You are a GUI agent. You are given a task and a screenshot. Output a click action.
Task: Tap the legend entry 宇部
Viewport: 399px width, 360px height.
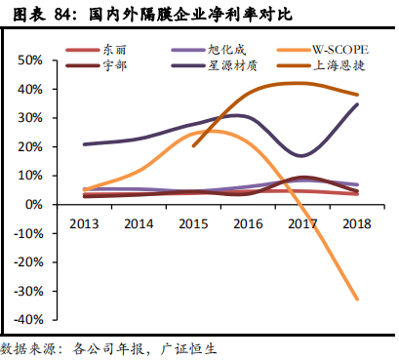pyautogui.click(x=114, y=65)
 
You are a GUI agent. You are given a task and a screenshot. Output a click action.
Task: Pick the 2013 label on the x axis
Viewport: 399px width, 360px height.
pyautogui.click(x=85, y=222)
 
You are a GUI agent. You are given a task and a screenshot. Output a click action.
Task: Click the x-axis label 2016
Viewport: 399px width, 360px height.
pyautogui.click(x=250, y=222)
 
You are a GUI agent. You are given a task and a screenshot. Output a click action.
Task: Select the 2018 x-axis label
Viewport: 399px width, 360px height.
pyautogui.click(x=358, y=222)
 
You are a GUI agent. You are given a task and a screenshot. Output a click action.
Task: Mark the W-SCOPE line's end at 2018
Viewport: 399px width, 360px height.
pyautogui.click(x=358, y=299)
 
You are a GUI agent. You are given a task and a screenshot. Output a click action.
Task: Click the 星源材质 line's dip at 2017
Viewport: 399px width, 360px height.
pyautogui.click(x=302, y=156)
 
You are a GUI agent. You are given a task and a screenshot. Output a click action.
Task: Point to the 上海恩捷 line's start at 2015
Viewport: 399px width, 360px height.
pyautogui.click(x=194, y=146)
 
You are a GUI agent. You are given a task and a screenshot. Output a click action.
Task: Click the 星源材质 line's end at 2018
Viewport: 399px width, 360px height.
pyautogui.click(x=358, y=104)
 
